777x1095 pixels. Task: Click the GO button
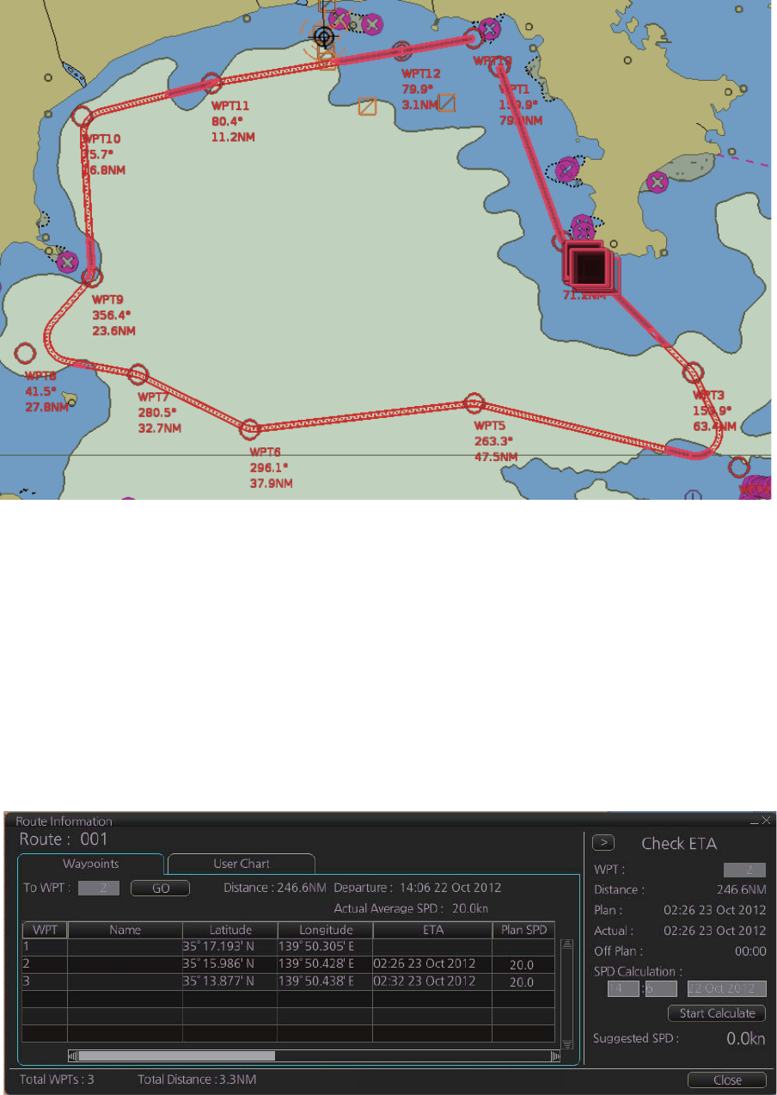pyautogui.click(x=160, y=887)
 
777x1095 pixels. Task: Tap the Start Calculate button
pyautogui.click(x=717, y=1012)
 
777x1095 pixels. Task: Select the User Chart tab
pyautogui.click(x=241, y=864)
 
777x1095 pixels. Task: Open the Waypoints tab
pyautogui.click(x=90, y=864)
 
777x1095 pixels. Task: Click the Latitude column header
pyautogui.click(x=229, y=929)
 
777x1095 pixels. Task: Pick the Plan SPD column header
pyautogui.click(x=523, y=929)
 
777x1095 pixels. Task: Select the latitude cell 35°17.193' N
pyautogui.click(x=229, y=945)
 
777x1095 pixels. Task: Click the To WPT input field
pyautogui.click(x=100, y=887)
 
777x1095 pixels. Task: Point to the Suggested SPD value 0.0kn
pyautogui.click(x=745, y=1038)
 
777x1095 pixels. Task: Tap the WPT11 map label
pyautogui.click(x=230, y=106)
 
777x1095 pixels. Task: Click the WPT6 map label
pyautogui.click(x=265, y=452)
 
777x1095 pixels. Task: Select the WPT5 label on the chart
pyautogui.click(x=490, y=426)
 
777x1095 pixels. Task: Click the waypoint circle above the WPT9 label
pyautogui.click(x=92, y=277)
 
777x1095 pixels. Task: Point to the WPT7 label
pyautogui.click(x=154, y=397)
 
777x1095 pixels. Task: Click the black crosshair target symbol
pyautogui.click(x=324, y=36)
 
